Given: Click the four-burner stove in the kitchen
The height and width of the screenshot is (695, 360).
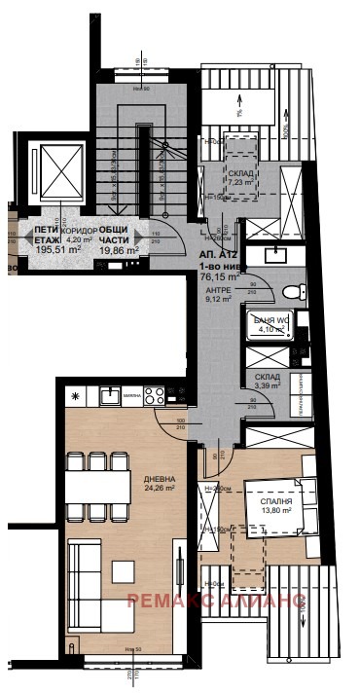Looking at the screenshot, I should [156, 395].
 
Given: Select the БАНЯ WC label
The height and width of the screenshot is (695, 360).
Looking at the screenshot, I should [271, 320].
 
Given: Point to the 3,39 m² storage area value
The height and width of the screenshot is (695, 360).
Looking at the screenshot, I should [269, 386].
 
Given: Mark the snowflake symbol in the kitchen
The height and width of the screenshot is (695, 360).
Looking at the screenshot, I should [75, 394].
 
